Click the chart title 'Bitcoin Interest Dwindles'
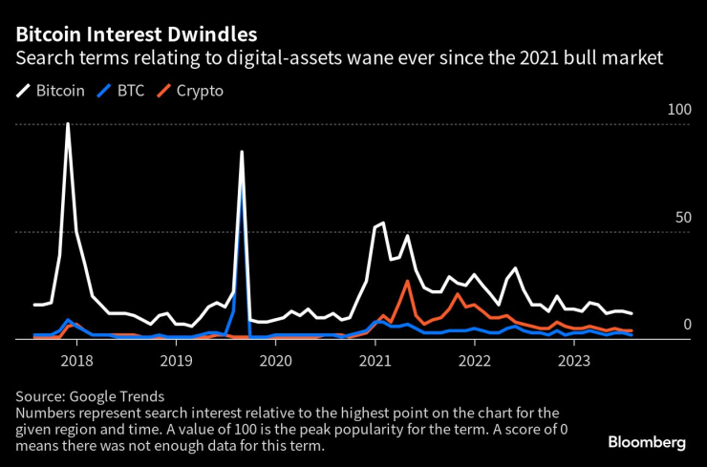135,34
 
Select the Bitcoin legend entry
52,92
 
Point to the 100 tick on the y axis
678,111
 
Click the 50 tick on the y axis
682,218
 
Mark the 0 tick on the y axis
686,326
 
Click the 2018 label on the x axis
76,361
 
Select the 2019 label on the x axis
176,361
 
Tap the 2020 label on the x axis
275,361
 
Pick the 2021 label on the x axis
375,361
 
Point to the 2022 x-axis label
475,361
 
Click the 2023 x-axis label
574,361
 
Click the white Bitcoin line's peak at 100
68,123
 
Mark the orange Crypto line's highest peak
408,281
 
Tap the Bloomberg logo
647,442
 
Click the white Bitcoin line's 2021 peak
382,223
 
